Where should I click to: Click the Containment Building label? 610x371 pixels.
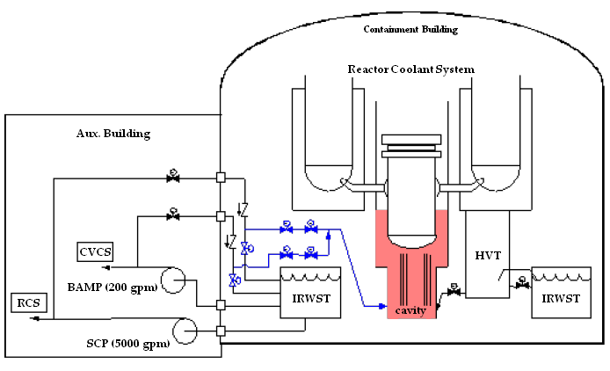click(410, 30)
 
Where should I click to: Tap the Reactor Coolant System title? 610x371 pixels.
click(410, 69)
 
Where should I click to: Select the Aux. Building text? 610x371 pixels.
click(113, 134)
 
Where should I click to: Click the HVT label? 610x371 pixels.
click(488, 255)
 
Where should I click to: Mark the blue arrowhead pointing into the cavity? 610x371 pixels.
click(381, 306)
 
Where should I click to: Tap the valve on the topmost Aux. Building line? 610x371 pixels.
click(173, 178)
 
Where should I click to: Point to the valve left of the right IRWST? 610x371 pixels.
click(523, 285)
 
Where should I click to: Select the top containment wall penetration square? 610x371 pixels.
click(221, 178)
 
